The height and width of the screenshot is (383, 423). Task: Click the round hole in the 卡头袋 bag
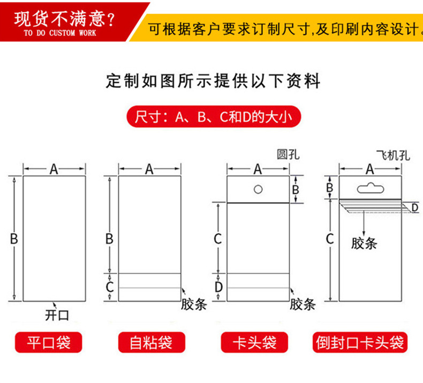click(x=258, y=189)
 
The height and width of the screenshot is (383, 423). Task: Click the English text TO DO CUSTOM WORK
click(x=60, y=33)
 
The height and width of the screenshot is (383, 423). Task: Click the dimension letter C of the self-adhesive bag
click(x=109, y=286)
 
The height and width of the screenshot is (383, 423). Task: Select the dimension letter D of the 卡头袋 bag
click(x=218, y=287)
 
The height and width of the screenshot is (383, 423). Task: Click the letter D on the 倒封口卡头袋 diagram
click(x=415, y=207)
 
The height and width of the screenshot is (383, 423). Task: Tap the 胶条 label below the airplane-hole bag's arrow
click(x=364, y=244)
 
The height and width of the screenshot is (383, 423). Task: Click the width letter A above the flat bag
click(x=54, y=169)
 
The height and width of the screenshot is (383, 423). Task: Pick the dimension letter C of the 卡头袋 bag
click(x=217, y=239)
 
